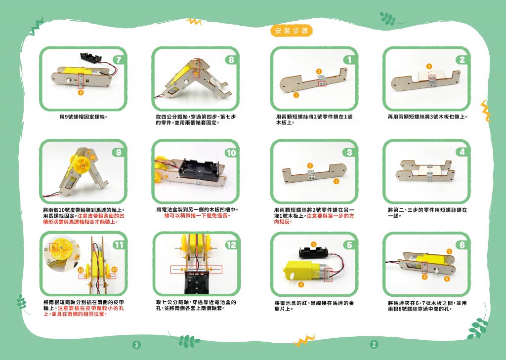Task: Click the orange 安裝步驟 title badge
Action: (292, 31)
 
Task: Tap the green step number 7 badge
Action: (119, 60)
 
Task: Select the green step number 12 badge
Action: (231, 245)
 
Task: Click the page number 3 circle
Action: (136, 345)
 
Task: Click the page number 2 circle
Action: (374, 344)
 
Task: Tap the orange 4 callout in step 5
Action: (301, 284)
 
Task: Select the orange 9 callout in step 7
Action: (81, 92)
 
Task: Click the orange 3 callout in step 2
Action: (429, 67)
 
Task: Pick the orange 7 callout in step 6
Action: (449, 251)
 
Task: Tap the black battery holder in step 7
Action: (90, 58)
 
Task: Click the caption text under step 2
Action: (427, 117)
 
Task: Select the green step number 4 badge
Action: (463, 152)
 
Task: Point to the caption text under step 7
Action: (83, 117)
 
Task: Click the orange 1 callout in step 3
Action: (336, 181)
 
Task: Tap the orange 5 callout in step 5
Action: (314, 244)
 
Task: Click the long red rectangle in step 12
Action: (196, 269)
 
